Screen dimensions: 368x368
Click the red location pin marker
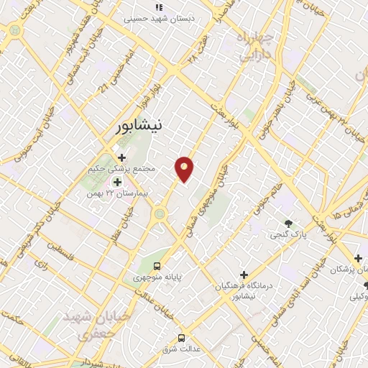(185, 170)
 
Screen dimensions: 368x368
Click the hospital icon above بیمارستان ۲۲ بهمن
(116, 183)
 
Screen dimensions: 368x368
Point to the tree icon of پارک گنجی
(289, 224)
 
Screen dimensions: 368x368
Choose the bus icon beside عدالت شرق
(180, 337)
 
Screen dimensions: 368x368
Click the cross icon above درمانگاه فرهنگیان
(244, 275)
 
